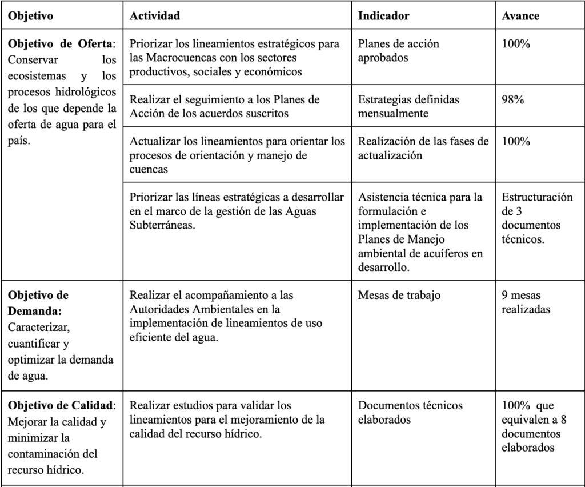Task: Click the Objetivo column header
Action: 30,16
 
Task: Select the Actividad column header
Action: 155,16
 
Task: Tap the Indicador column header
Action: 383,16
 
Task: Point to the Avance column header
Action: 520,16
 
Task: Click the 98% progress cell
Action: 514,99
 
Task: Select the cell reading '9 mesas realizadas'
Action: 526,302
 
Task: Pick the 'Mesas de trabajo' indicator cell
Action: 399,296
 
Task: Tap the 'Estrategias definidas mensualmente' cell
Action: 408,106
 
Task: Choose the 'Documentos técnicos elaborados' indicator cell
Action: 410,412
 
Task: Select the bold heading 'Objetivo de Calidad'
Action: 61,406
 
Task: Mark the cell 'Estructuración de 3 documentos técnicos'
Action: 537,218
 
